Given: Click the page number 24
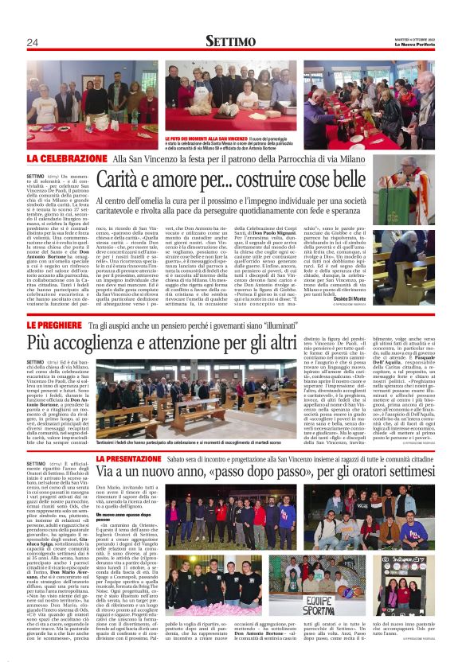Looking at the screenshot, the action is coord(32,42).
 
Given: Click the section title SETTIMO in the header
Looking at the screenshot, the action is coord(230,41).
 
